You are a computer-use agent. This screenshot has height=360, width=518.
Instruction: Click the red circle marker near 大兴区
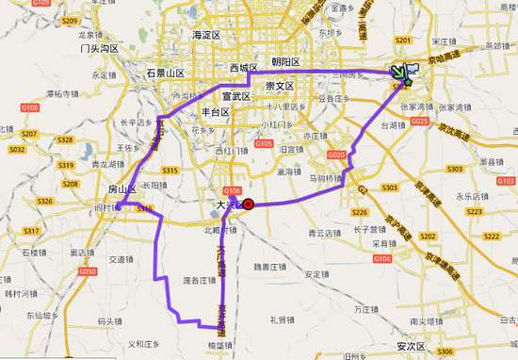(x=248, y=204)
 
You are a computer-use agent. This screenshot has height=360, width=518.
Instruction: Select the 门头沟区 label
(x=100, y=48)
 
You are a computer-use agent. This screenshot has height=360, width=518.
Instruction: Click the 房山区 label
(x=122, y=189)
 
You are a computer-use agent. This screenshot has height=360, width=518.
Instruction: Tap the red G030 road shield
(x=87, y=271)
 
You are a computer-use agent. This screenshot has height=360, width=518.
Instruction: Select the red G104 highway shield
(x=381, y=257)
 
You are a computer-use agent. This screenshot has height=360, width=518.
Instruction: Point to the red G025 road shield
(x=420, y=122)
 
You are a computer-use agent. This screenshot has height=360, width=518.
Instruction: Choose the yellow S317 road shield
(x=30, y=231)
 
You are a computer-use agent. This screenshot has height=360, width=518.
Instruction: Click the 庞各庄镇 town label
(x=200, y=280)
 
